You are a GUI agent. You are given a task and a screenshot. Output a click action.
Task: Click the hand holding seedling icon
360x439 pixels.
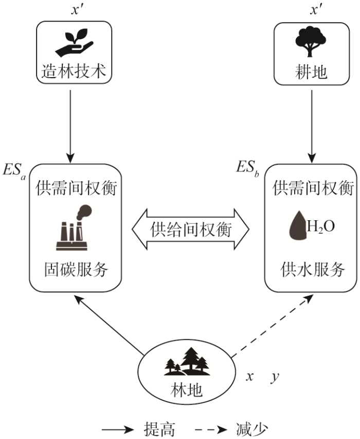click(74, 42)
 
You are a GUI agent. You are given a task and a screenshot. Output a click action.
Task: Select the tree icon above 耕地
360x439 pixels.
click(311, 42)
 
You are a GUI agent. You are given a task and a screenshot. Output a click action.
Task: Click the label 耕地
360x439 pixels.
click(311, 72)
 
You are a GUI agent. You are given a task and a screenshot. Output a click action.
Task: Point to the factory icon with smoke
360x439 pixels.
click(74, 227)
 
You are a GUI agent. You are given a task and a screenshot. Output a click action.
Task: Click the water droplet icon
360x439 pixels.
click(298, 225)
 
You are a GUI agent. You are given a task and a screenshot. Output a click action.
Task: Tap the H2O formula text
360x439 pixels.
click(321, 226)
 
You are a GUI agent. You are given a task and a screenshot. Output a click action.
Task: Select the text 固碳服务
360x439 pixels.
click(76, 269)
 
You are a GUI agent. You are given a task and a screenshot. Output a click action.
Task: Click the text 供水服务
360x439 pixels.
click(313, 269)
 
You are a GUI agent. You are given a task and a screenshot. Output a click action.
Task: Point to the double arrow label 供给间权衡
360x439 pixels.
click(191, 230)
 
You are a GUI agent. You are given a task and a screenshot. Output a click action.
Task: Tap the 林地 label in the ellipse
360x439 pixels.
click(186, 390)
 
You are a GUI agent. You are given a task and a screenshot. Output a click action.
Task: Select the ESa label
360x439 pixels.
click(14, 170)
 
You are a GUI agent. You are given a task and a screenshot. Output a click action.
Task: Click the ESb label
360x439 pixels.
click(248, 168)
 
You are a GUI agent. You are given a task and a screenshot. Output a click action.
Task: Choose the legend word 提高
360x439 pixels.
click(159, 429)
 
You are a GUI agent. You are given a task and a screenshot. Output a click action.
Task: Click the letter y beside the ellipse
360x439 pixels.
click(275, 378)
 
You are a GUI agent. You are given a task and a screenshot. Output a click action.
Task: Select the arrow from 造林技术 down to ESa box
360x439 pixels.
click(70, 127)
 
